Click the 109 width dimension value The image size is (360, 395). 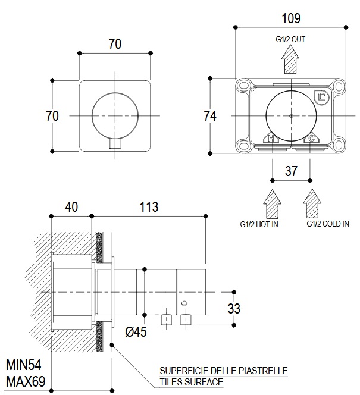tap(292, 18)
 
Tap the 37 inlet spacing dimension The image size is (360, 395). tap(291, 171)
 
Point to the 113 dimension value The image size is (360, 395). tap(148, 207)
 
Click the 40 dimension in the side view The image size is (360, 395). tap(71, 207)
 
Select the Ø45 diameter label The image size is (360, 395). tap(136, 332)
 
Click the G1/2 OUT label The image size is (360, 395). tap(290, 40)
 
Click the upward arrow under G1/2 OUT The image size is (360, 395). tap(290, 59)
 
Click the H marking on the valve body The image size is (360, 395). tap(271, 139)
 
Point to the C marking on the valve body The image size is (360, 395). tap(311, 139)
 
